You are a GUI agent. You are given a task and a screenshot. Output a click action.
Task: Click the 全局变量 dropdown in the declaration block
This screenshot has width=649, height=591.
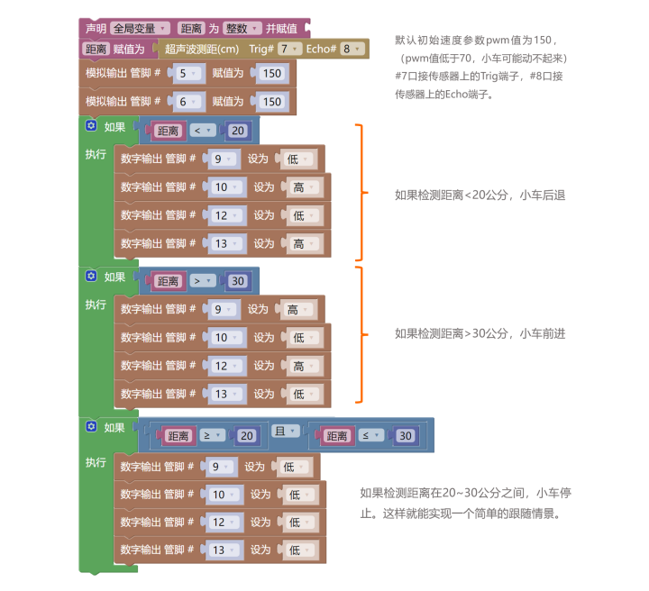pos(140,29)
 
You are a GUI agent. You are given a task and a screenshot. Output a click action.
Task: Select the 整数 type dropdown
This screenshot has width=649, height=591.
pos(243,29)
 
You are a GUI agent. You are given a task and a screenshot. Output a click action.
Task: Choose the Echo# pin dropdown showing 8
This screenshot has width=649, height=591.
pos(349,49)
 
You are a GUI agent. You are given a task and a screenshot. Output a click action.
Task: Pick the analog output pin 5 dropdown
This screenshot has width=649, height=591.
pos(187,74)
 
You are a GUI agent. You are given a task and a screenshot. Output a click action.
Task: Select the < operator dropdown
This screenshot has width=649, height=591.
pos(201,131)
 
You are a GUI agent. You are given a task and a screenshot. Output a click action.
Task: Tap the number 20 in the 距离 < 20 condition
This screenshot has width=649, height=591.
pos(237,131)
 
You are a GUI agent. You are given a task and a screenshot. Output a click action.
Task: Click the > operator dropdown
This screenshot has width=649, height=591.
pos(201,280)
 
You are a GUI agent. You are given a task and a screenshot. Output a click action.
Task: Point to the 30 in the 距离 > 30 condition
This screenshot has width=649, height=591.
pos(237,280)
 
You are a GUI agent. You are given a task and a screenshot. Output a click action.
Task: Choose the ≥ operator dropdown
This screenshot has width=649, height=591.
pos(212,435)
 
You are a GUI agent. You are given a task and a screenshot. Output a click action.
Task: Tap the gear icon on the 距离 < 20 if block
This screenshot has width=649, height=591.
pos(91,126)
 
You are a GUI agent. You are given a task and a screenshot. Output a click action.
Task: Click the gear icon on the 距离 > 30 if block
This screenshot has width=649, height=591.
pos(91,276)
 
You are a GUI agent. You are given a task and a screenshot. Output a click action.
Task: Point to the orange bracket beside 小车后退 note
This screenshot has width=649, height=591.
pos(361,191)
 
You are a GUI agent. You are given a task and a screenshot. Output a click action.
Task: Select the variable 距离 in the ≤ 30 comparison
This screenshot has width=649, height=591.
pos(338,436)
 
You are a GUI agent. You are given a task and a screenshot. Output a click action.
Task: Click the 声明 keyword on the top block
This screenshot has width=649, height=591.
pos(95,29)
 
